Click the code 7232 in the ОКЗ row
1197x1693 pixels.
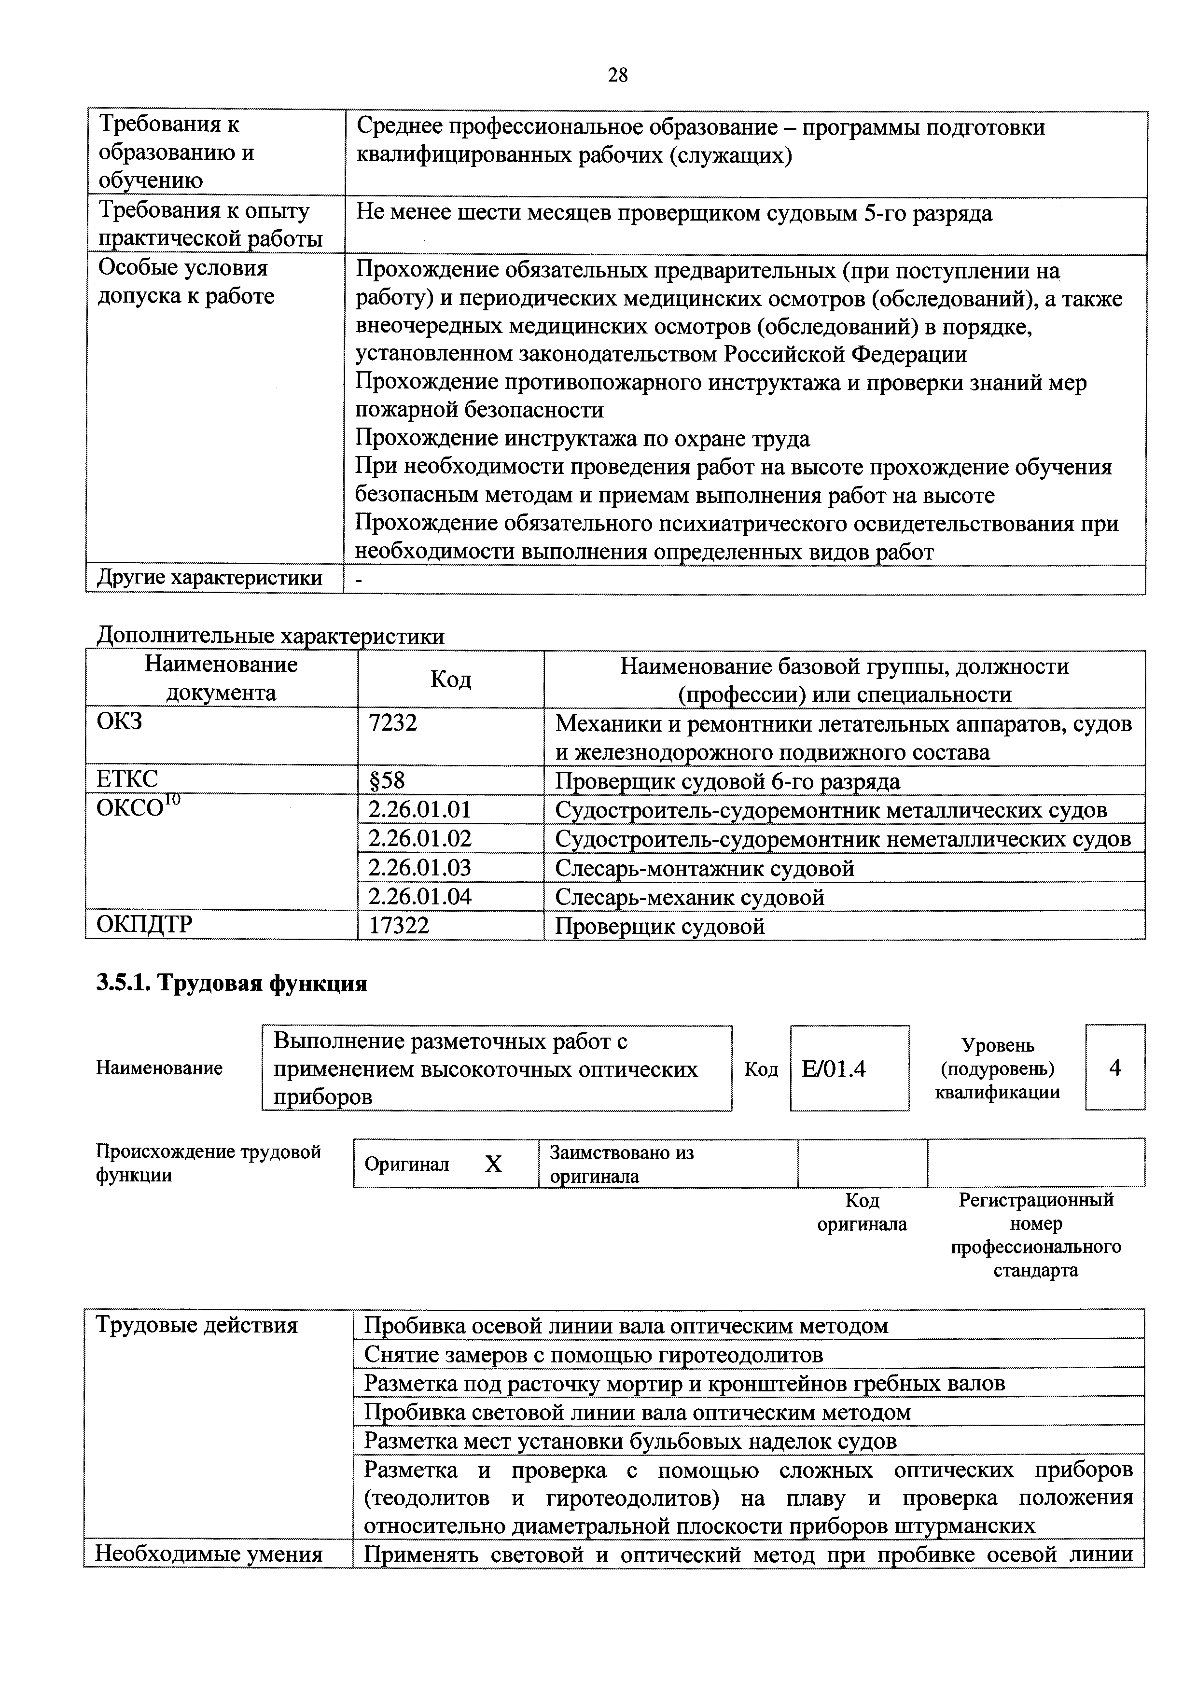[x=392, y=722]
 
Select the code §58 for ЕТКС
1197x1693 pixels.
[x=387, y=780]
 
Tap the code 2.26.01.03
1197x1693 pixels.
[x=419, y=867]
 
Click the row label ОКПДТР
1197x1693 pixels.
[x=144, y=925]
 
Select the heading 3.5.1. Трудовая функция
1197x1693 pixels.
[x=232, y=984]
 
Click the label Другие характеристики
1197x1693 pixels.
[x=209, y=578]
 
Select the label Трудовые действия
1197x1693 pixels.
[x=197, y=1326]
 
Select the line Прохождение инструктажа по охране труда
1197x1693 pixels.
[x=583, y=439]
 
